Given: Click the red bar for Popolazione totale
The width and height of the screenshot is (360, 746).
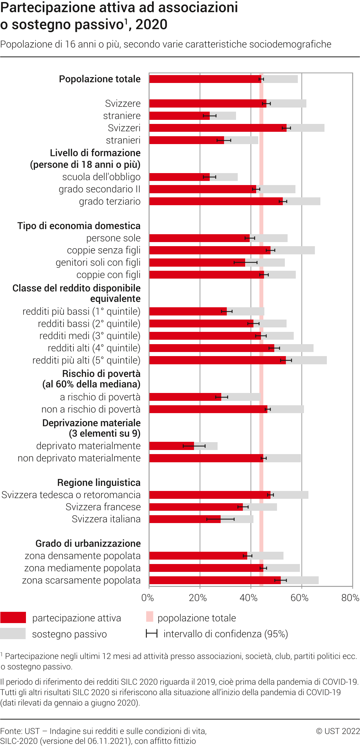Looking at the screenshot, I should [x=205, y=79].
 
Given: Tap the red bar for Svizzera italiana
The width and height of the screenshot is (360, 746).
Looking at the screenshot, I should [x=184, y=519].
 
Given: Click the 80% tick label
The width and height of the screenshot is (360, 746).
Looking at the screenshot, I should [x=350, y=598].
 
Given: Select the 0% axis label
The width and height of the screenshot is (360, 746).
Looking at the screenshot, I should [x=148, y=598].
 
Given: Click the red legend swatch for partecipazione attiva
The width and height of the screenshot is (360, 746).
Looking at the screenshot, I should [x=13, y=618].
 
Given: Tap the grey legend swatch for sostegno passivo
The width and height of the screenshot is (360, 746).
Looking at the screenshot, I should [x=13, y=634].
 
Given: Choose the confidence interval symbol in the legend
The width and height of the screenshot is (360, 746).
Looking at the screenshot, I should [x=151, y=634].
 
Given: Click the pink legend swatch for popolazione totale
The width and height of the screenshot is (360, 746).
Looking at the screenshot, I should [x=150, y=617].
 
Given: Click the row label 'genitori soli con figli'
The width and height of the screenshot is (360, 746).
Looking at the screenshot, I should [x=98, y=263].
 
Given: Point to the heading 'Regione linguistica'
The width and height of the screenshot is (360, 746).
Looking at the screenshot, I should [x=99, y=483].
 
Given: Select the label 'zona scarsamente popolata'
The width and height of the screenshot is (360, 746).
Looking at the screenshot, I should [x=81, y=580].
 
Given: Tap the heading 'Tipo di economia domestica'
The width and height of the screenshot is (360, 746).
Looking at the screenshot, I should [x=79, y=226].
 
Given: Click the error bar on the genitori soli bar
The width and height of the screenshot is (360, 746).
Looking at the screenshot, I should [x=246, y=263].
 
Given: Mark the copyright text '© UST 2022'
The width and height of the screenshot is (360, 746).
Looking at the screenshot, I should [x=338, y=731].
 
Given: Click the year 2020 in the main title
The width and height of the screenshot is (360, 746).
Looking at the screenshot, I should [x=151, y=25].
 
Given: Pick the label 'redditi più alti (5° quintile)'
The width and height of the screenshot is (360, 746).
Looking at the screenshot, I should [x=86, y=361].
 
